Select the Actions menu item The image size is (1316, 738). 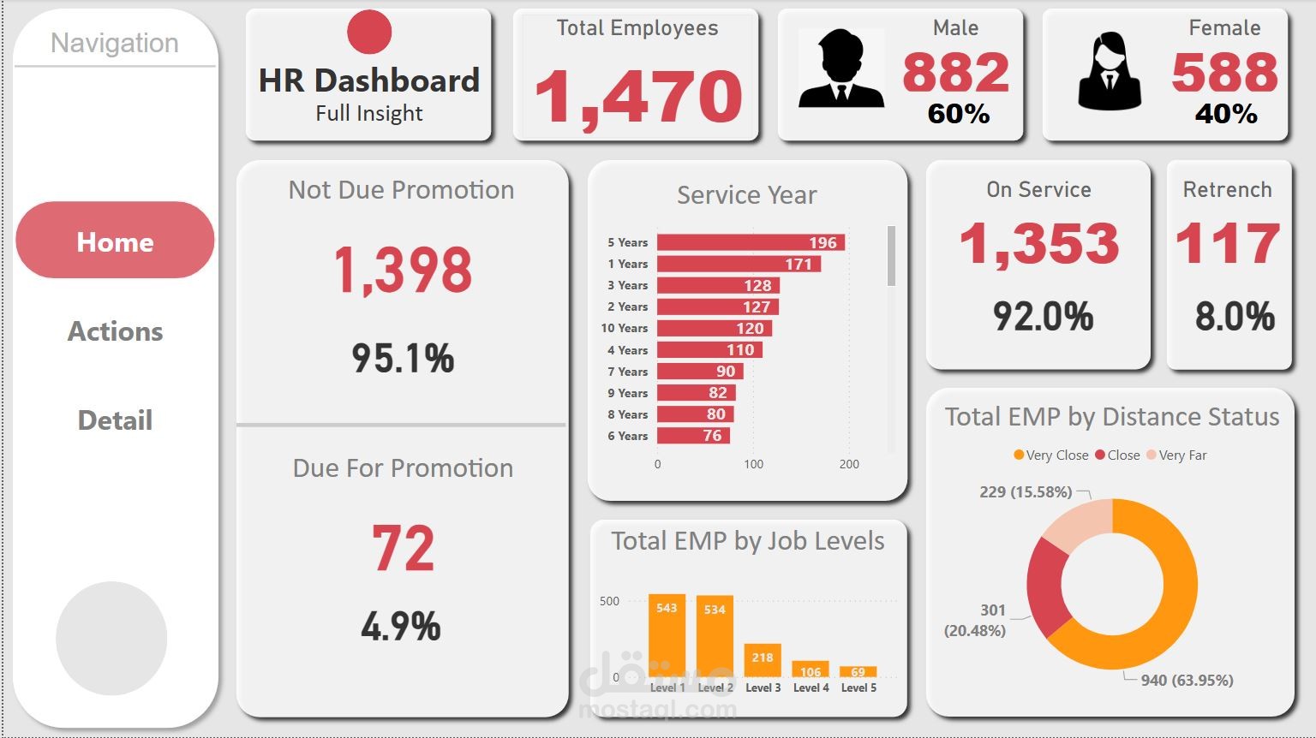(x=115, y=331)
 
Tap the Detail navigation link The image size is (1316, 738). (x=115, y=420)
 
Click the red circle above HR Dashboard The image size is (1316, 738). (x=369, y=33)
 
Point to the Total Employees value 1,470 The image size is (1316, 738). (x=637, y=96)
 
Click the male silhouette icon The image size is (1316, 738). (x=840, y=69)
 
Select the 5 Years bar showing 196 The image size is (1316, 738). (x=751, y=242)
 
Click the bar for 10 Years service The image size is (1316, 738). (x=715, y=328)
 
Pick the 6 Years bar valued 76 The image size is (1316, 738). (x=693, y=436)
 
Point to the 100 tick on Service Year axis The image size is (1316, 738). (x=753, y=464)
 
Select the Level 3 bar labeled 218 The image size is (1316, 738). (x=763, y=660)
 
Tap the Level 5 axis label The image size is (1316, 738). (x=858, y=687)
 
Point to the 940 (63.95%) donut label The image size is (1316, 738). (x=1187, y=680)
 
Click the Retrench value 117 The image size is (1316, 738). (x=1228, y=243)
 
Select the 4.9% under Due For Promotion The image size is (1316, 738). (x=401, y=627)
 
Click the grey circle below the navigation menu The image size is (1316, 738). (x=111, y=638)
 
